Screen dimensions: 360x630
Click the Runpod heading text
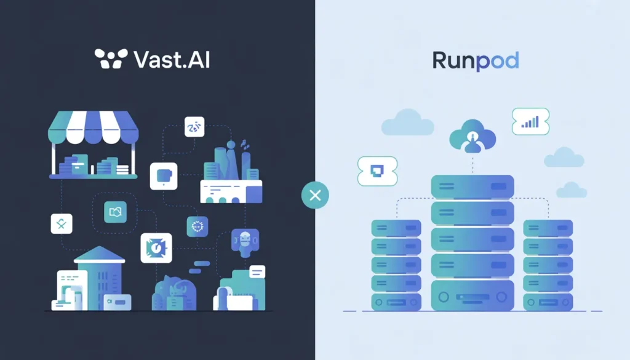point(476,60)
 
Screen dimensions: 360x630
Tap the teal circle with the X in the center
point(315,196)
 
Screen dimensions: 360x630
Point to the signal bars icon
point(530,122)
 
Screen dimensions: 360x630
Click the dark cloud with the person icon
point(472,136)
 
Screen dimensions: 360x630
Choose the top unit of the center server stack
point(472,186)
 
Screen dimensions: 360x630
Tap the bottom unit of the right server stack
point(548,302)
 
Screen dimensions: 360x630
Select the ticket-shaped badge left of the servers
point(377,170)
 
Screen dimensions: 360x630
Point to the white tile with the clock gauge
point(156,247)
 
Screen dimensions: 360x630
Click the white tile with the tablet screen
point(164,175)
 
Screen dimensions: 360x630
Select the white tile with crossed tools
point(62,224)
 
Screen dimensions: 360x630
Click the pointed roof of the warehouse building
point(99,254)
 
